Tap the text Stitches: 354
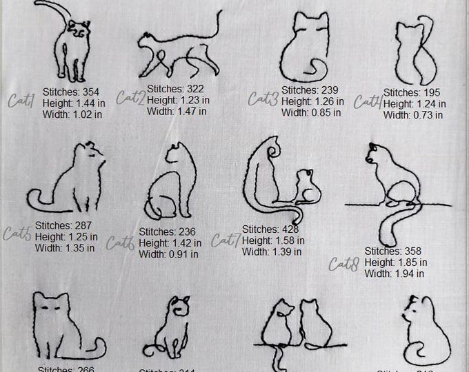(72, 90)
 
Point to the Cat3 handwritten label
(263, 99)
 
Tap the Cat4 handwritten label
(368, 102)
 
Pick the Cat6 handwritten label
(120, 242)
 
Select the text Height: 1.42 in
(170, 243)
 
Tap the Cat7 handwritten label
(226, 241)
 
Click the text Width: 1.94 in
(395, 273)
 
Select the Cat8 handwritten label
(343, 263)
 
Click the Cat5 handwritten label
(17, 234)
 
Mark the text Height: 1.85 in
(395, 262)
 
